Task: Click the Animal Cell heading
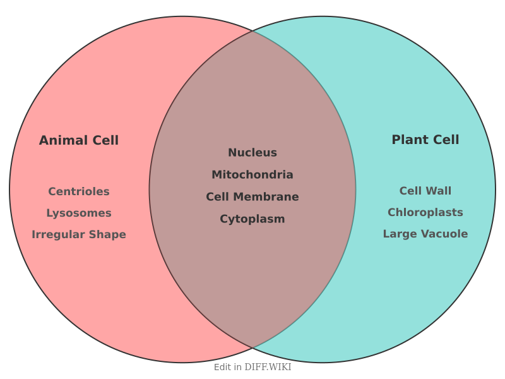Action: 79,140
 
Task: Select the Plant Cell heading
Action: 425,140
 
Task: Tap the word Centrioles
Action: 79,191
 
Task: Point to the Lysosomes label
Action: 79,213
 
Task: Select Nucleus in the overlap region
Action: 252,152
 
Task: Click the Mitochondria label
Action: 252,174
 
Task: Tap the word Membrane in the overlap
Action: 268,196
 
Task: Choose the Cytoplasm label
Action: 252,219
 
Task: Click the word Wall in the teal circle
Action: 439,191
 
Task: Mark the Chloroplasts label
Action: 425,212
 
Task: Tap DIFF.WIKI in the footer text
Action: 268,367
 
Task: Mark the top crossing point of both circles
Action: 252,30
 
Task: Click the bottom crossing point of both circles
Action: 252,348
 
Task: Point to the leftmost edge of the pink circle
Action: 9,189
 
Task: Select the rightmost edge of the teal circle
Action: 496,189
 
